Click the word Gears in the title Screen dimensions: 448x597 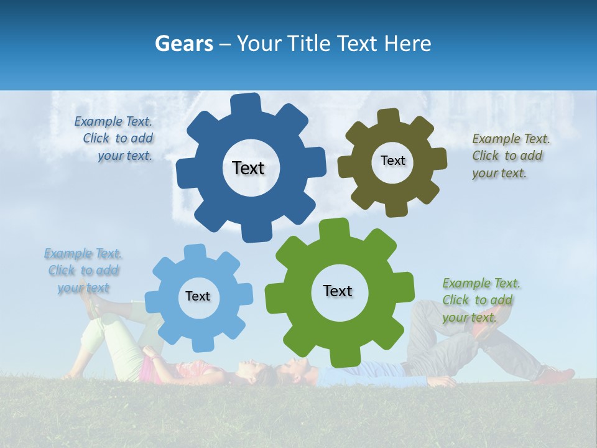tap(183, 44)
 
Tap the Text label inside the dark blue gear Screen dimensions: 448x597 tap(248, 168)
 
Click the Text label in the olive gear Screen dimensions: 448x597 tap(392, 161)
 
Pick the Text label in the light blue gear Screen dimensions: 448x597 tap(198, 296)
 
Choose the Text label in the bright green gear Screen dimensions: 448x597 tap(338, 291)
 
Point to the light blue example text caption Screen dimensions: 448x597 tap(83, 271)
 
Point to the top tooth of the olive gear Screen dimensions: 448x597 tap(388, 117)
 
